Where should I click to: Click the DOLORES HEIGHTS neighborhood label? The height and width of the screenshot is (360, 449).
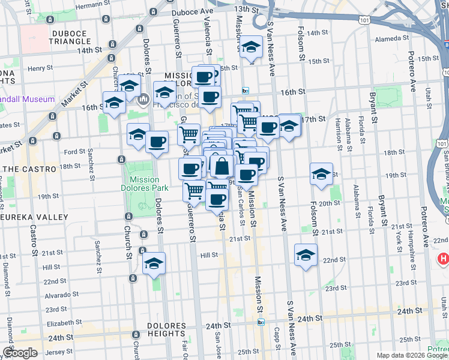pos(166,329)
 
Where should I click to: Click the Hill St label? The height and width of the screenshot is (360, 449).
pos(209,255)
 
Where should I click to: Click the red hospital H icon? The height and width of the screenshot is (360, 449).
pos(444,259)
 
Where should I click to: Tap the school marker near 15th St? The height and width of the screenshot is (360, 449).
pos(250,47)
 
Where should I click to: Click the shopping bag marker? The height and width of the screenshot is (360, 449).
pos(221,166)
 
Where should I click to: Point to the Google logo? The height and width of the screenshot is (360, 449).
pos(20,353)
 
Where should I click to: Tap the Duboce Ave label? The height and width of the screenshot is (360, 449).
pos(192,11)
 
